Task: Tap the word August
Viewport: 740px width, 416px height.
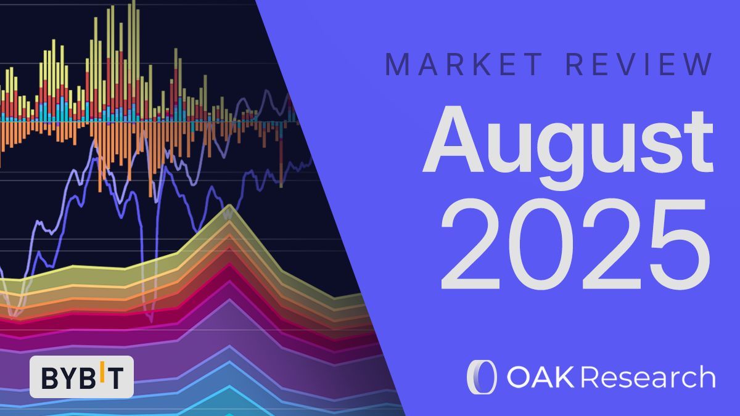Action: pyautogui.click(x=567, y=141)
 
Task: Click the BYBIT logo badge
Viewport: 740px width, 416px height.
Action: pyautogui.click(x=81, y=376)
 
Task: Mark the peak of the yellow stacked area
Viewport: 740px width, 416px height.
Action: pyautogui.click(x=229, y=206)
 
